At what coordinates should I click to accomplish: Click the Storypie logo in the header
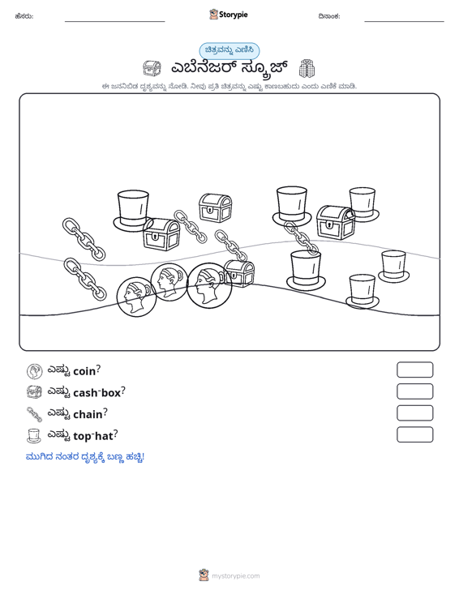point(229,15)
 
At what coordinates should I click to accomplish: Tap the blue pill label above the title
point(229,50)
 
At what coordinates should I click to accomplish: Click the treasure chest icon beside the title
point(152,68)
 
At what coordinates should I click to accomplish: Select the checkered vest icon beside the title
point(307,68)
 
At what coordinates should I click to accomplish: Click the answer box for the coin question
point(415,370)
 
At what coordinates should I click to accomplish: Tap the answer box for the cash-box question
point(415,391)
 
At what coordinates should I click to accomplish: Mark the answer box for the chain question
point(415,413)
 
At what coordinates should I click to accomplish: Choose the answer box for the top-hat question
point(415,434)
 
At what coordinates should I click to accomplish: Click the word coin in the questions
point(84,371)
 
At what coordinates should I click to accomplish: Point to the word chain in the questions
point(88,414)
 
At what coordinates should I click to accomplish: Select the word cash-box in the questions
point(97,393)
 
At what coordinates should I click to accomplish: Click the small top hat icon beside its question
point(34,436)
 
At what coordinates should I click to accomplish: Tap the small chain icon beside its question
point(34,414)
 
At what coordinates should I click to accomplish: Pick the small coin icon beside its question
point(35,371)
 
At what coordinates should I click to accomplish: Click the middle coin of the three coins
point(169,282)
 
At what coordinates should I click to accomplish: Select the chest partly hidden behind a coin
point(239,273)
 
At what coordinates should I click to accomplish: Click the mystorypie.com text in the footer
point(236,576)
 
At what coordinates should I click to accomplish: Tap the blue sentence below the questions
point(85,457)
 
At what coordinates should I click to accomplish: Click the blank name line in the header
point(115,21)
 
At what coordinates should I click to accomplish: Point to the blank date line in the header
point(404,21)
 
